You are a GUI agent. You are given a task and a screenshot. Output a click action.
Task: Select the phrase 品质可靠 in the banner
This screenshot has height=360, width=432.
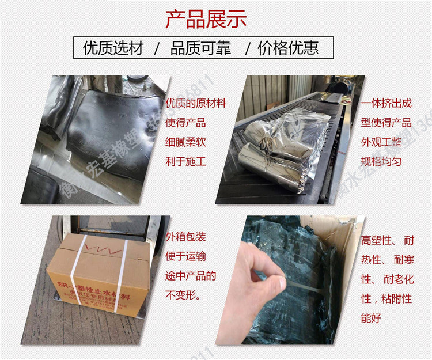(x=200, y=48)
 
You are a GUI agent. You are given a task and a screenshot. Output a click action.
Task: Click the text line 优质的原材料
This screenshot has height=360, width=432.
(x=195, y=104)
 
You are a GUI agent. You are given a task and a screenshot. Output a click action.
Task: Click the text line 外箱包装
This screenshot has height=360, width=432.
(x=185, y=237)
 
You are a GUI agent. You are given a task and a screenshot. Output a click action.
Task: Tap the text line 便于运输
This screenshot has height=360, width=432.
(x=185, y=256)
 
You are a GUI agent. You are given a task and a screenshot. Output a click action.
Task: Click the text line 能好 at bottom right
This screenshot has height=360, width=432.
(x=372, y=317)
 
